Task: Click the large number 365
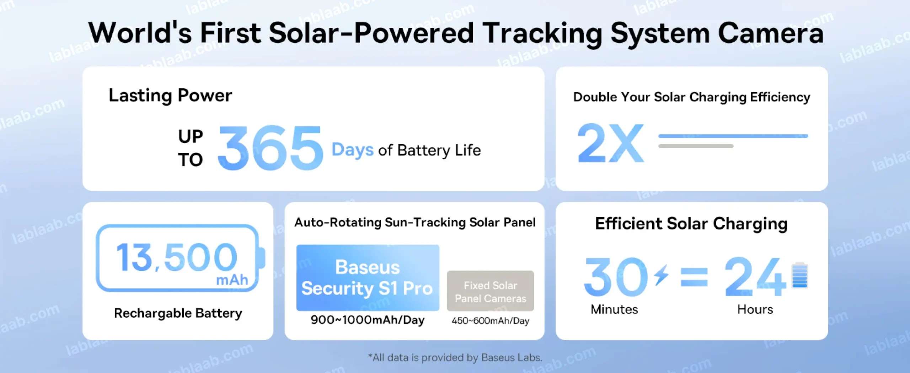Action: [271, 148]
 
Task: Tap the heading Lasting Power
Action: [170, 96]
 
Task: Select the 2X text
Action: [611, 143]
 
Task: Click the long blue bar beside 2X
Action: [733, 136]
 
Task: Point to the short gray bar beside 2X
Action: [696, 146]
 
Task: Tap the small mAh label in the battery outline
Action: [232, 280]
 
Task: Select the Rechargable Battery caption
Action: [178, 313]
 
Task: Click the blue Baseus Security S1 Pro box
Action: [368, 278]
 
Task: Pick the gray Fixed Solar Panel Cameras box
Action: [490, 291]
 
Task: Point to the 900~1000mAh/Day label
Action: [368, 320]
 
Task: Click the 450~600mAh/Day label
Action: [490, 321]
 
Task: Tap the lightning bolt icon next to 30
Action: [662, 274]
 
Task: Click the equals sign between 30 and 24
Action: [694, 277]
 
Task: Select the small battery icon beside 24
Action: [800, 275]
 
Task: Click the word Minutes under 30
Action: [614, 309]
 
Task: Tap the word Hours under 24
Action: [755, 309]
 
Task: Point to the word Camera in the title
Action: [771, 33]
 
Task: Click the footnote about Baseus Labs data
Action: [455, 357]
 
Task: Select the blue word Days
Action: [352, 150]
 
